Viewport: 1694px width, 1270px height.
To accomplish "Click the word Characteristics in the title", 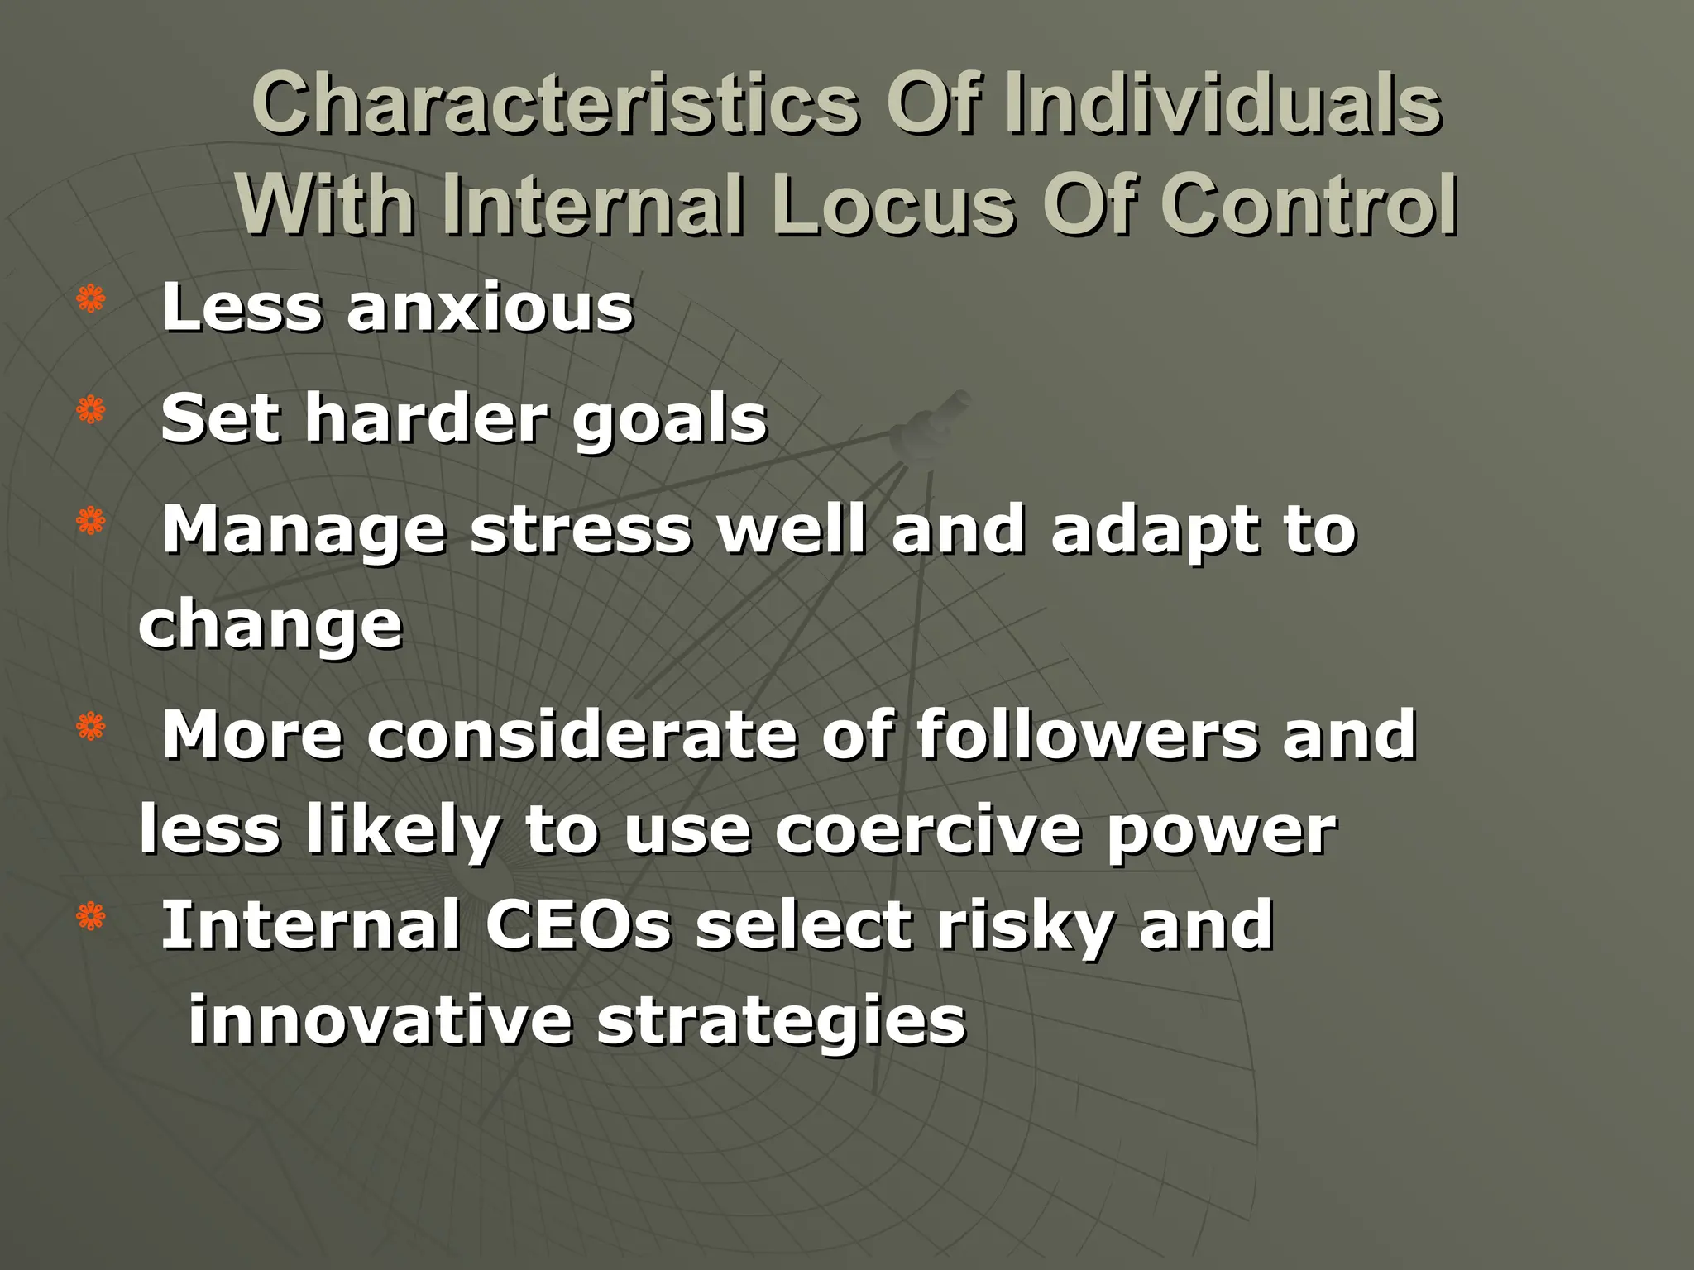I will [555, 105].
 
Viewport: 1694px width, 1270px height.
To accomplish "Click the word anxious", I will [490, 308].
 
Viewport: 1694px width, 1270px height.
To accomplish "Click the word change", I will [270, 627].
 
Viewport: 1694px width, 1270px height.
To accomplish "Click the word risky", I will [1025, 926].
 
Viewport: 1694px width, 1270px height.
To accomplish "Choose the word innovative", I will [380, 1020].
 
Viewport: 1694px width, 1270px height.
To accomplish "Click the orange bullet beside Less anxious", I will [91, 299].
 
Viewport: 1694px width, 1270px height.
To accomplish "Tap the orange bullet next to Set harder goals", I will [91, 410].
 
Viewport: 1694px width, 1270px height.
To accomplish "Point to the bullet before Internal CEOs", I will [91, 916].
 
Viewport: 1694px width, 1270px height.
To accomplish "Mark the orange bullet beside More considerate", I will [91, 726].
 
